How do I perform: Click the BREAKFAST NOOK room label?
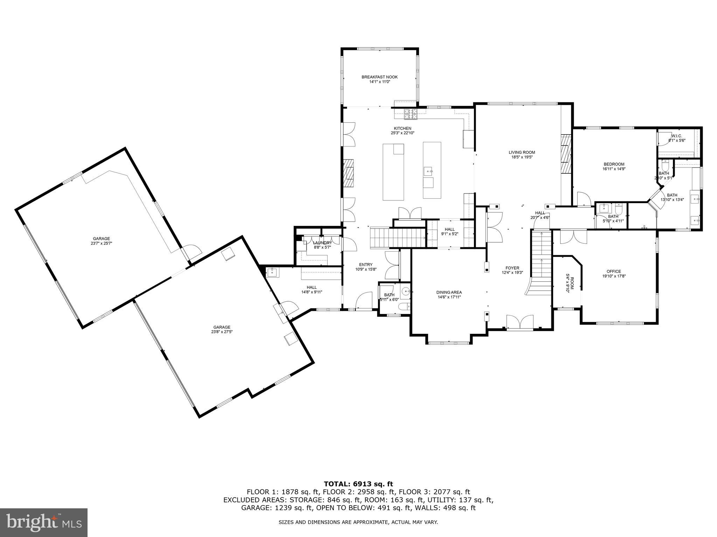pos(380,77)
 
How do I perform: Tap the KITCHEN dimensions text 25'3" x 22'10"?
pos(403,133)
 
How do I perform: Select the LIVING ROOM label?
pos(522,152)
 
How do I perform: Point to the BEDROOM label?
pos(614,164)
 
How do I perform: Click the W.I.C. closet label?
pos(676,136)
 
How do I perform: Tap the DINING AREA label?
pos(449,292)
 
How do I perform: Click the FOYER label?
pos(512,268)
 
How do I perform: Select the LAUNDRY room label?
pos(322,243)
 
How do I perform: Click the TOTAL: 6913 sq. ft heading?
pos(358,484)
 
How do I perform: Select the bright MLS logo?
pos(43,522)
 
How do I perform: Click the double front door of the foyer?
pos(520,322)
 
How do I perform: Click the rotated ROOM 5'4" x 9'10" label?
pos(570,284)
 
